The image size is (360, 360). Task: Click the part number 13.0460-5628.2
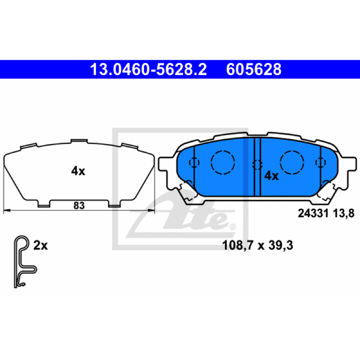click(x=148, y=69)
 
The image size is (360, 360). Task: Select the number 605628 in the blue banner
click(x=254, y=69)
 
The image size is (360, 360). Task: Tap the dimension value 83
click(x=79, y=206)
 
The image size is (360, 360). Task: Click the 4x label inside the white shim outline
click(x=78, y=171)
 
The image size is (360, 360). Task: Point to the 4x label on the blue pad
click(x=271, y=176)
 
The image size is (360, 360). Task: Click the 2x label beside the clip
click(x=40, y=245)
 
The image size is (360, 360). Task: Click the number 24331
click(x=313, y=213)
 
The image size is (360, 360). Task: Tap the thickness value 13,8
click(x=343, y=213)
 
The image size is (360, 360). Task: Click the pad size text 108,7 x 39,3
click(x=257, y=245)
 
